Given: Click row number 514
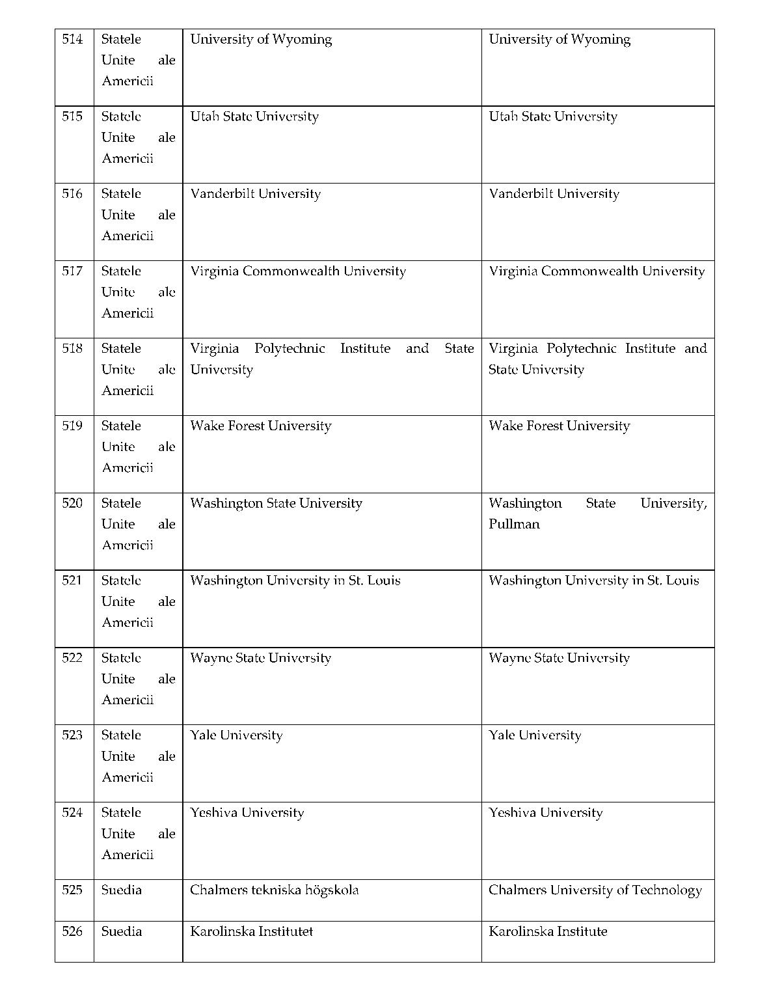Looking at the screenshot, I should [72, 40].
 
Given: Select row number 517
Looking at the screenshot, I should [72, 271].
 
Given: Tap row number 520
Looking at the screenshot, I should [72, 503].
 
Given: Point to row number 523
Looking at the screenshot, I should [72, 735].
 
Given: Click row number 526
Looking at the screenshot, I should [72, 931].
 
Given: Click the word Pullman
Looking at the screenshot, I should [514, 525].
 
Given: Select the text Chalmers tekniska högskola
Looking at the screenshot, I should [274, 890].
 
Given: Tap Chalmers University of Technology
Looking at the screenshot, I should [595, 890].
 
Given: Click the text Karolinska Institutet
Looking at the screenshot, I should [251, 931].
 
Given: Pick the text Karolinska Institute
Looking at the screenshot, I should [548, 931].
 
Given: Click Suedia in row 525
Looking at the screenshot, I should [121, 890].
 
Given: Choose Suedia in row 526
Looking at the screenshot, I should [121, 931].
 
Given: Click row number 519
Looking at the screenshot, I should [72, 426].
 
